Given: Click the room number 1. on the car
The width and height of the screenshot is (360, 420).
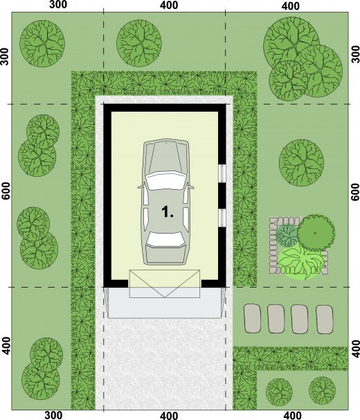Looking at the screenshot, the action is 168,212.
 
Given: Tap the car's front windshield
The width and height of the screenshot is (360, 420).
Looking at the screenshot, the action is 165,180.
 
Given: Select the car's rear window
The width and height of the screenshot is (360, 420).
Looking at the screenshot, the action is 165,239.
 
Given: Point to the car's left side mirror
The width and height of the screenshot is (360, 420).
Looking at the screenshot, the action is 141,187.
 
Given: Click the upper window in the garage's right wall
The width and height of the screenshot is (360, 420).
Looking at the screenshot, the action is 222,173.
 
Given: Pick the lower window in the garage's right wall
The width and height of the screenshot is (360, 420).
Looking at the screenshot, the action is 222,218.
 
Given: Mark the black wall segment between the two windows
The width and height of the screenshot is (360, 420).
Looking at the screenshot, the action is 222,196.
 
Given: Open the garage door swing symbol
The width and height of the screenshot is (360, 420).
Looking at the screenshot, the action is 165,283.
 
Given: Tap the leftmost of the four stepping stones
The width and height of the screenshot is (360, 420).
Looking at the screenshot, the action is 252,319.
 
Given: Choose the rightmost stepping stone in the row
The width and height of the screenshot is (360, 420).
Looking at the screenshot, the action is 325,320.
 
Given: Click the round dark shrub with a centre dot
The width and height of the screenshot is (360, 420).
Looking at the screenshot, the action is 316,233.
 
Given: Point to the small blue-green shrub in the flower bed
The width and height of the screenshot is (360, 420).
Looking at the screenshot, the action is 287,236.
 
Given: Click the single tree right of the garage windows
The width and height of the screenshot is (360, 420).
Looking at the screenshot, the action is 301,163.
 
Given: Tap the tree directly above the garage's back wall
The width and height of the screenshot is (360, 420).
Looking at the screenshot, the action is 139,43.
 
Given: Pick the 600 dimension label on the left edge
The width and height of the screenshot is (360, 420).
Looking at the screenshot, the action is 6,191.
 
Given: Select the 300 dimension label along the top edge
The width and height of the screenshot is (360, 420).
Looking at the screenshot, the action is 58,5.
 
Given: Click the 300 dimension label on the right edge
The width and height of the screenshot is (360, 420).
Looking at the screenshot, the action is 355,54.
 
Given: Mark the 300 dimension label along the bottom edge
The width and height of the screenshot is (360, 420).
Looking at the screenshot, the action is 53,415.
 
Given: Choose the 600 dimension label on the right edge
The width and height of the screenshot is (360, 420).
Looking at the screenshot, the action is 355,192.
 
